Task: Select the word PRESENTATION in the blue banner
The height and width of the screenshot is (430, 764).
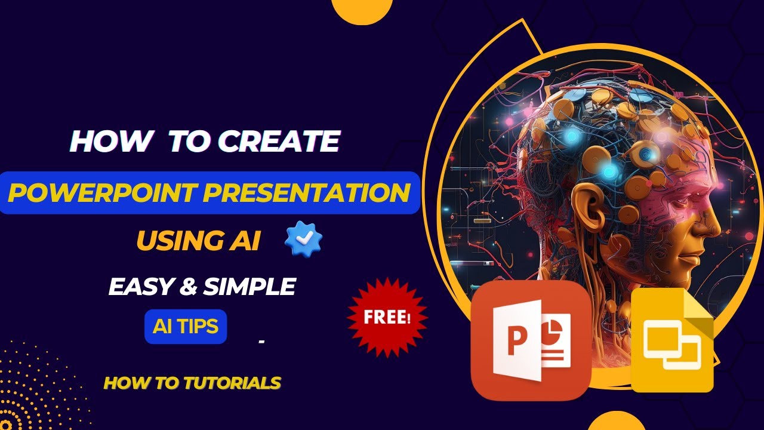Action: point(306,193)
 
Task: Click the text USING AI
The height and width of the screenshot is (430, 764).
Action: point(198,240)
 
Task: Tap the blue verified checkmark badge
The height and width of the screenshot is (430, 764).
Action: point(304,238)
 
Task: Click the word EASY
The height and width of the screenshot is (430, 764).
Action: point(141,286)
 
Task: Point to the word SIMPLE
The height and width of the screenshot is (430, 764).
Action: point(249,286)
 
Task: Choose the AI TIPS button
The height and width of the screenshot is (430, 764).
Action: point(186,326)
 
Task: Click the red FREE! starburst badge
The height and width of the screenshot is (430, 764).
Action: point(387,317)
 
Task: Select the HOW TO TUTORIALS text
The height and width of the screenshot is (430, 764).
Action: point(192,383)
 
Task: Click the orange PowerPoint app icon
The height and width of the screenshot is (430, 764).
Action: point(531,340)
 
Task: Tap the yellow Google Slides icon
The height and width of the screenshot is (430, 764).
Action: point(672,340)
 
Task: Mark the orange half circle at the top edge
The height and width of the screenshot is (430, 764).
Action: point(362,10)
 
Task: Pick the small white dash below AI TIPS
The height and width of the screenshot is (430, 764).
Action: point(262,341)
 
